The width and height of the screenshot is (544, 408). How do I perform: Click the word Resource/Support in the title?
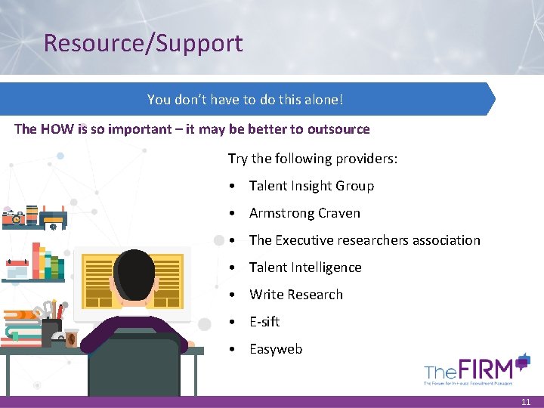[144, 43]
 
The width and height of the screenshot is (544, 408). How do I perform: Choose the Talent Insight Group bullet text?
[311, 186]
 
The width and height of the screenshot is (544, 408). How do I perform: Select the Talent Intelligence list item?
[305, 267]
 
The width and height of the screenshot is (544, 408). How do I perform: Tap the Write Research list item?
[296, 295]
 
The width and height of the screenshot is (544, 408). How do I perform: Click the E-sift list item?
[264, 322]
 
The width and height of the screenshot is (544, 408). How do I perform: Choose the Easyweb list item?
[276, 349]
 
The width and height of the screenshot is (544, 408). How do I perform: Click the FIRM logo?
[478, 369]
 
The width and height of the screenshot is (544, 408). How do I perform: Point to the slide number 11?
[526, 403]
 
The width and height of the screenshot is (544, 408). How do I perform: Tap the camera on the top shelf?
[13, 218]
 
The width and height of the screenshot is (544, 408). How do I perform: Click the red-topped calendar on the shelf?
[16, 268]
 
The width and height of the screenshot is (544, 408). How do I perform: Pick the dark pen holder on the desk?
[51, 331]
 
